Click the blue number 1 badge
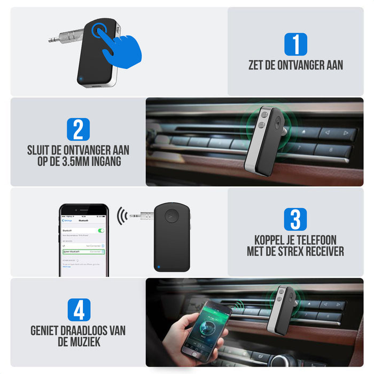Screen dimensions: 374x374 coord(295,44)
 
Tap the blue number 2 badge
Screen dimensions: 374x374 coord(78,129)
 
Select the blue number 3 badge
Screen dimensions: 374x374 coord(295,220)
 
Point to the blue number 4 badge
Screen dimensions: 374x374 coord(78,310)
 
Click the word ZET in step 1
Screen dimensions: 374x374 coord(258,66)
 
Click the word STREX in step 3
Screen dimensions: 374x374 coord(300,252)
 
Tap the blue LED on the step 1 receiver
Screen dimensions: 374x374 coord(81,80)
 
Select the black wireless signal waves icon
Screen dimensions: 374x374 coord(122,216)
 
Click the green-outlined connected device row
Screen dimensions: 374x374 coord(83,251)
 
